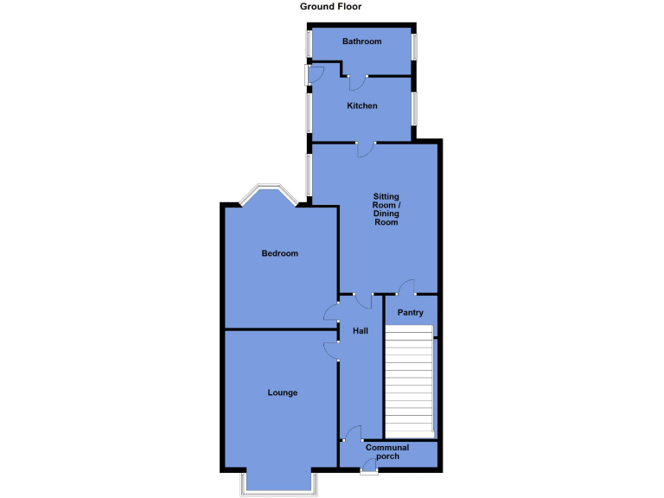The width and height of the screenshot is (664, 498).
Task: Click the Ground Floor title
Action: (x=331, y=6)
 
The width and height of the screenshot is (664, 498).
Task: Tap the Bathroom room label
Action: (x=361, y=41)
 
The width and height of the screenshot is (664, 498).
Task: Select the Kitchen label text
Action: (x=362, y=106)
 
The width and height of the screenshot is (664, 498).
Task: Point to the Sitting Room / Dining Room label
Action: (x=386, y=209)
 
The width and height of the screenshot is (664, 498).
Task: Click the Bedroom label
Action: (x=280, y=253)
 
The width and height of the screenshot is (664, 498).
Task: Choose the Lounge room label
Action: (x=282, y=393)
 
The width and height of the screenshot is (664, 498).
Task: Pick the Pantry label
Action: (x=410, y=313)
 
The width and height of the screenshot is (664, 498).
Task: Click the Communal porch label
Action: (x=387, y=451)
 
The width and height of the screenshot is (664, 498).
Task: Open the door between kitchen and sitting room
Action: (x=365, y=149)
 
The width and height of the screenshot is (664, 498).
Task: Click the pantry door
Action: (x=405, y=289)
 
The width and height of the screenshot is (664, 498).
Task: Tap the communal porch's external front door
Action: (x=369, y=468)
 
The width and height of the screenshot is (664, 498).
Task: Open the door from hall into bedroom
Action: (x=332, y=311)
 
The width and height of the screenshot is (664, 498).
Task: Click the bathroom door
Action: (x=355, y=82)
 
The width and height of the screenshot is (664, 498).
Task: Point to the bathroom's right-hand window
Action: (x=414, y=47)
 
